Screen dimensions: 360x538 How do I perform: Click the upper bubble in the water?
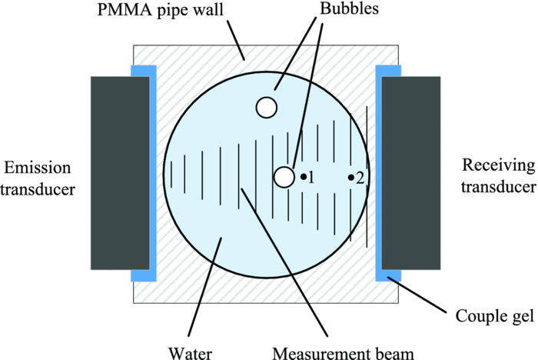click(267, 107)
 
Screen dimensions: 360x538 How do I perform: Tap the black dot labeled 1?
click(304, 177)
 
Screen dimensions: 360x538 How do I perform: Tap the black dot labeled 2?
click(351, 178)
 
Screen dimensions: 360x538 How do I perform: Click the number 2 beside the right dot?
click(360, 178)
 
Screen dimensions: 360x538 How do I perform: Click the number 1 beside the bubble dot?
click(313, 178)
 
